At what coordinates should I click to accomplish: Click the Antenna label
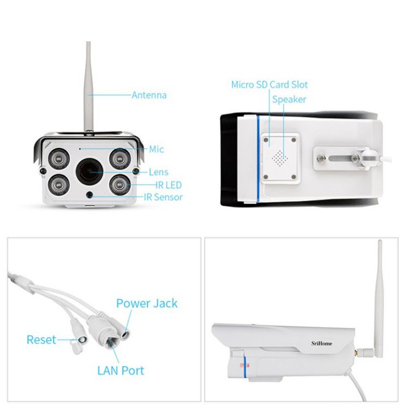149,95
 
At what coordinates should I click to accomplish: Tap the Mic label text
156,149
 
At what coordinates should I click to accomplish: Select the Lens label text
158,172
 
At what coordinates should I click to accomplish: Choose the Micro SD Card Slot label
269,84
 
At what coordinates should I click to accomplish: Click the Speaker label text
289,99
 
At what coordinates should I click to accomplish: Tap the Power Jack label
146,303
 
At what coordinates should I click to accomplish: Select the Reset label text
41,339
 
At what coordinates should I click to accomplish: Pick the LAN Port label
120,371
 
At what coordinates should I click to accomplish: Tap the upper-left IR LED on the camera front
58,157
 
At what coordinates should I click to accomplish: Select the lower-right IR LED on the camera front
118,184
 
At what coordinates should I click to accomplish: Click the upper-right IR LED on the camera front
118,156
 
